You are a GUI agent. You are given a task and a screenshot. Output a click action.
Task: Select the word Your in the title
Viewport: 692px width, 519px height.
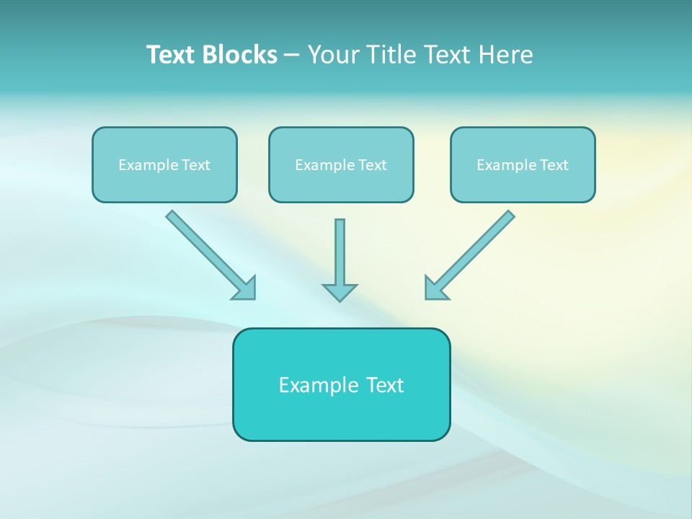pos(333,55)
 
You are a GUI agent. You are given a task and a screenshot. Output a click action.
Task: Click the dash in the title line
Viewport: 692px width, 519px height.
pos(292,56)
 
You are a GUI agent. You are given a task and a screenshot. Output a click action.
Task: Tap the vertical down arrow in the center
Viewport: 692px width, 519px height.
pos(340,252)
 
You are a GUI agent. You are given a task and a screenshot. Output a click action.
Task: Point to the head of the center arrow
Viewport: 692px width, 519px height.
pos(340,292)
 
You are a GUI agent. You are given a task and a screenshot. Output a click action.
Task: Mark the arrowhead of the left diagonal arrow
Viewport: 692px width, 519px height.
pos(246,289)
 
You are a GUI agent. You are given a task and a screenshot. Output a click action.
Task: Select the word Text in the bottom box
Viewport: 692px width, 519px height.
pos(385,385)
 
